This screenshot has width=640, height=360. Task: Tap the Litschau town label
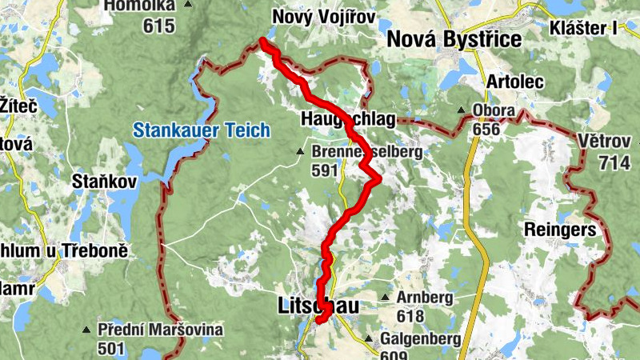[318, 306]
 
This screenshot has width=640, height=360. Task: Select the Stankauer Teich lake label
[202, 130]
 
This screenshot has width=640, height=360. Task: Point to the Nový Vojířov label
[323, 16]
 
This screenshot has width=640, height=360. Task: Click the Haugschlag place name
[349, 119]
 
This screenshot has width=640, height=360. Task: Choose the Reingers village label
[560, 230]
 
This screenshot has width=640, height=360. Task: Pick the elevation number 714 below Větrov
[614, 162]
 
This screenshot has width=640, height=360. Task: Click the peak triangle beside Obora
[462, 110]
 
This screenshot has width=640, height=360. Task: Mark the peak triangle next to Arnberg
[385, 298]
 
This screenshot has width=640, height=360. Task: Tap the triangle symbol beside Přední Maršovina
[86, 330]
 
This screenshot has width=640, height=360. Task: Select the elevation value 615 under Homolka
[158, 26]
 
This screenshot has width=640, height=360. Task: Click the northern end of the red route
[262, 42]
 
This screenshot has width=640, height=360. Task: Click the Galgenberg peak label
[420, 339]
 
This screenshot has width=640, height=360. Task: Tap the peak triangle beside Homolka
[188, 5]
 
